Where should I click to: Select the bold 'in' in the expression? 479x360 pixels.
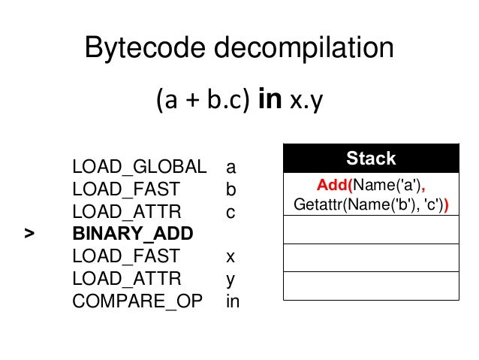tap(269, 100)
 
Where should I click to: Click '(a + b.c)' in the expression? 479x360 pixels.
tap(202, 101)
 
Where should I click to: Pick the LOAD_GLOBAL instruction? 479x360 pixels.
tap(139, 165)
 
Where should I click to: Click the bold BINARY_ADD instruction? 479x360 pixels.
tap(132, 234)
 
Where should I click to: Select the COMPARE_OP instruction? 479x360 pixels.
tap(138, 301)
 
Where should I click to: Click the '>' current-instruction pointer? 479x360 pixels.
tap(29, 234)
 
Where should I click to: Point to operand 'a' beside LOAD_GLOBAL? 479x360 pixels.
tap(230, 166)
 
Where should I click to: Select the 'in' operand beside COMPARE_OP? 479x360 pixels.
tap(233, 301)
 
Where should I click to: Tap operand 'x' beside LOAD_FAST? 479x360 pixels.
tap(230, 256)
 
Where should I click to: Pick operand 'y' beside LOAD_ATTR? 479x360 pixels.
tap(230, 280)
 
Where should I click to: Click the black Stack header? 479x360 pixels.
tap(371, 159)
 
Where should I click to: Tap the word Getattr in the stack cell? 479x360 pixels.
tap(315, 204)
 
